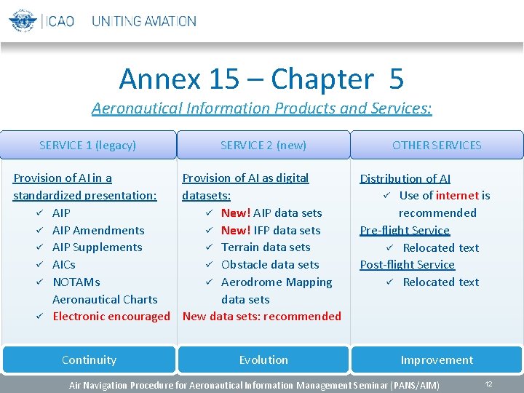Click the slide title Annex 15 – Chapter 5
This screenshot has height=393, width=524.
[261, 79]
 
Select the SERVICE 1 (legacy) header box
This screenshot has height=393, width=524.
[88, 145]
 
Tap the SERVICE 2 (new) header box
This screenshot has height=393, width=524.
[263, 145]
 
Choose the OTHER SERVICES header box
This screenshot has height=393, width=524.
[437, 145]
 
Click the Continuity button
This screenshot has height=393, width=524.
[89, 360]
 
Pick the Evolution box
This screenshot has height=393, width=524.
[263, 360]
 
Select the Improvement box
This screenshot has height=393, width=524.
[437, 360]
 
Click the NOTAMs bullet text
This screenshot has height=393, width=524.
[76, 282]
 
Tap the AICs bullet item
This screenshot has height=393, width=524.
[64, 264]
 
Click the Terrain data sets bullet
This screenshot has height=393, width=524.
[266, 247]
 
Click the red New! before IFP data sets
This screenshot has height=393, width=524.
[235, 230]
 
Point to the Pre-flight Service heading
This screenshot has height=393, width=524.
[405, 230]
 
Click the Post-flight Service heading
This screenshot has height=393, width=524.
[407, 264]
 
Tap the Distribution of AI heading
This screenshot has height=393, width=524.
[405, 178]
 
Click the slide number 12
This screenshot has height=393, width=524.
[489, 384]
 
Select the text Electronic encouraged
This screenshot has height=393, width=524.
[111, 316]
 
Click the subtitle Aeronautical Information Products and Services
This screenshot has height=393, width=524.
[261, 108]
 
